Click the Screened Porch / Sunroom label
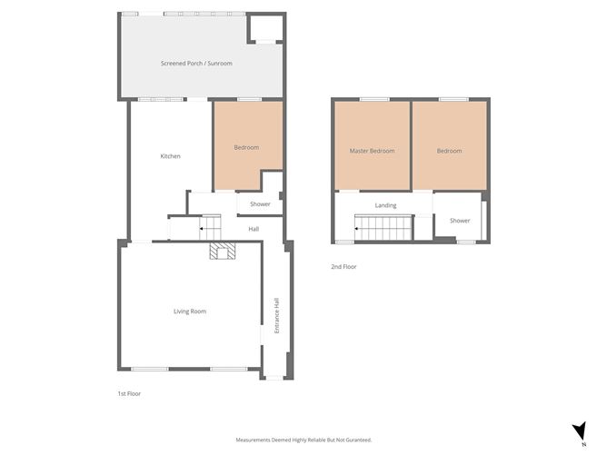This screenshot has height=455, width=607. coord(196,63)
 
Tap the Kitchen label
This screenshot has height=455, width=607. coord(170,156)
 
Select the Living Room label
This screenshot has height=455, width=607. coord(190,312)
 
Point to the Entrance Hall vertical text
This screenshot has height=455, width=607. coord(277,315)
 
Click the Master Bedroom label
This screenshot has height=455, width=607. coord(372,151)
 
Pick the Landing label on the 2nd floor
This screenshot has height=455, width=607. coord(385,205)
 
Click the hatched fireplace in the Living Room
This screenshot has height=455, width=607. coord(223,251)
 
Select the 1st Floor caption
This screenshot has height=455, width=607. coord(129,393)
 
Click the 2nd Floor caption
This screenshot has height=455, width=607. coord(343,267)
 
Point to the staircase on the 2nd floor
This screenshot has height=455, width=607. coord(383,229)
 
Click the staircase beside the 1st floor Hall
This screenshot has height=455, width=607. coord(210,227)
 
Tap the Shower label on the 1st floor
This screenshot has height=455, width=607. coord(260,204)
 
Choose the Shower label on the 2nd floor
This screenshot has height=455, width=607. coord(460,221)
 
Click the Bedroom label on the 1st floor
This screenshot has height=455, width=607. coord(246,147)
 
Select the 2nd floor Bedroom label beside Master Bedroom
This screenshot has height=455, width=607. coord(450,151)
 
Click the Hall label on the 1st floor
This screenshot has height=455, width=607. coord(254,229)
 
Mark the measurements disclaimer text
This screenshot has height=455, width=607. coord(303,440)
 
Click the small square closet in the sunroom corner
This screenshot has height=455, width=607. coord(265,28)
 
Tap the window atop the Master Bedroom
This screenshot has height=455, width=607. coord(374,99)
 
